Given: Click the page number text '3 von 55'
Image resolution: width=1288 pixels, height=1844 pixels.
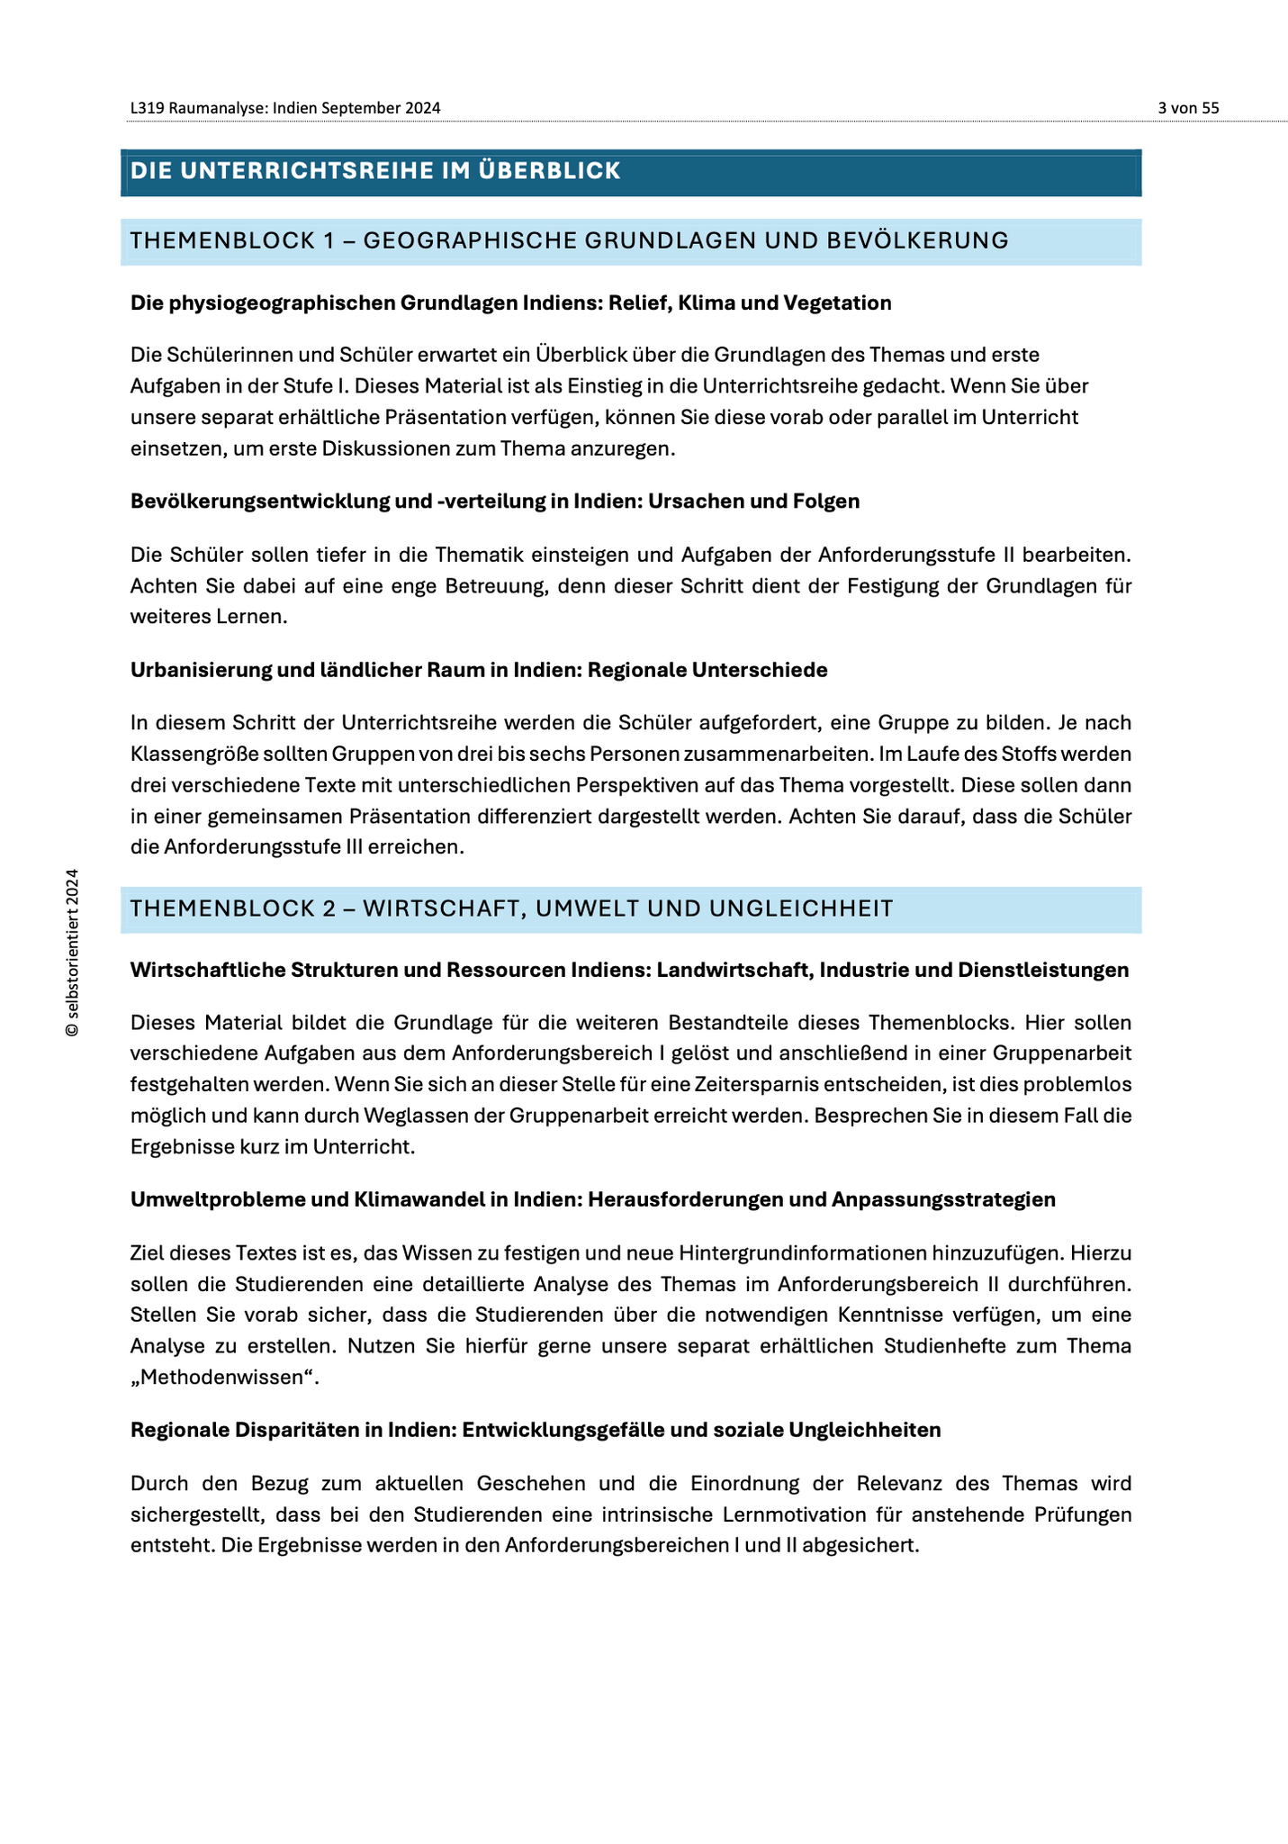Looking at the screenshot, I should [x=1188, y=108].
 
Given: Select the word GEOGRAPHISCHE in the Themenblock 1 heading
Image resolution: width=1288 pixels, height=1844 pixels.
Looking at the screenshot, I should [x=468, y=240].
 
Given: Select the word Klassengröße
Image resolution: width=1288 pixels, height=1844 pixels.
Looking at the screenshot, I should [x=185, y=754].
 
